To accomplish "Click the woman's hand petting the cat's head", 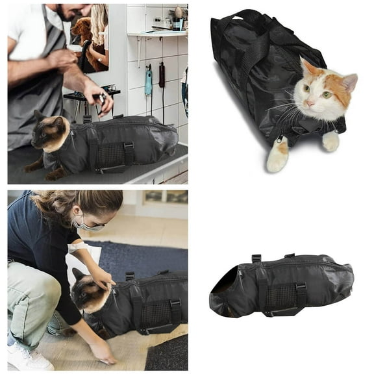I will pyautogui.click(x=102, y=277).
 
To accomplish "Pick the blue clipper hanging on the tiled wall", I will pyautogui.click(x=149, y=81).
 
